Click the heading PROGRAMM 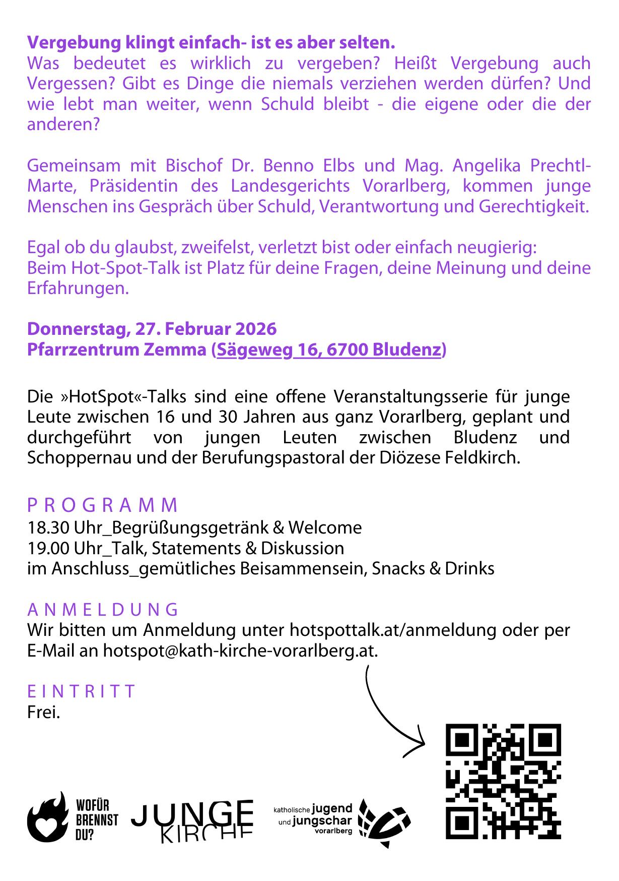pos(103,505)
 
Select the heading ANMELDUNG pos(103,609)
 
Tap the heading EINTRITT pos(81,691)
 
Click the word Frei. pos(43,712)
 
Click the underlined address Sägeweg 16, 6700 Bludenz pos(329,349)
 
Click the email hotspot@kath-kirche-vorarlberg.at pos(240,651)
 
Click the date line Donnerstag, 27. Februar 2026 pos(152,329)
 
